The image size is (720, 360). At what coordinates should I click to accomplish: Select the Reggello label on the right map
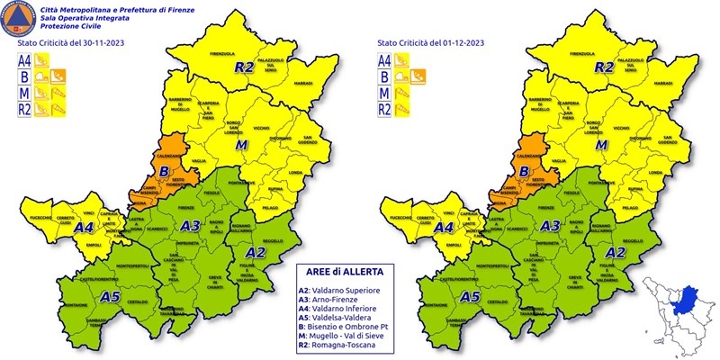tap(633, 240)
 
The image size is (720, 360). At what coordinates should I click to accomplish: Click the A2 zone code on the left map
tap(256, 251)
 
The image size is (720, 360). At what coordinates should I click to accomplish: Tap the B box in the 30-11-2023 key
tap(27, 77)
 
